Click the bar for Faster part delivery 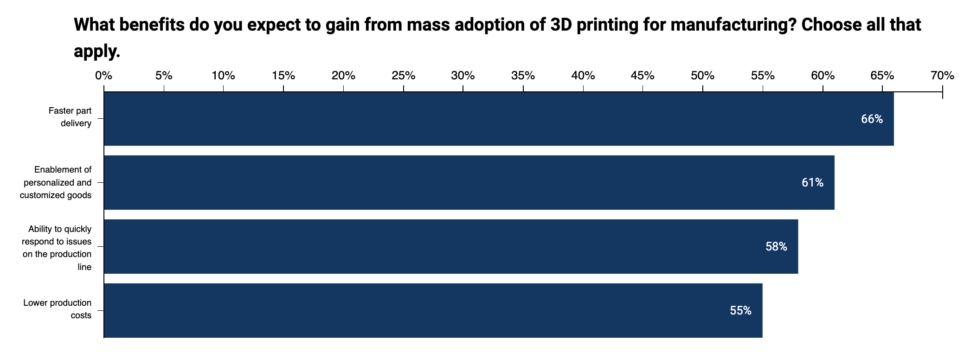tap(499, 119)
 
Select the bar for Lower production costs tap(433, 310)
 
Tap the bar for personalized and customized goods tap(469, 182)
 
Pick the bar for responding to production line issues tap(451, 246)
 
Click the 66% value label tap(872, 119)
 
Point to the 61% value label tap(812, 183)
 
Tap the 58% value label tap(776, 247)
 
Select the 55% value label tap(740, 311)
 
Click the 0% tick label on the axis tap(103, 76)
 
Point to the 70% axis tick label tap(942, 76)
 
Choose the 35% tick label tap(523, 76)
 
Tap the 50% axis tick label tap(702, 76)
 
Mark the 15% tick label tap(283, 76)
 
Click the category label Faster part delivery tap(70, 117)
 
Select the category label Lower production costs tap(58, 309)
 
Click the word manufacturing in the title tap(733, 25)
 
